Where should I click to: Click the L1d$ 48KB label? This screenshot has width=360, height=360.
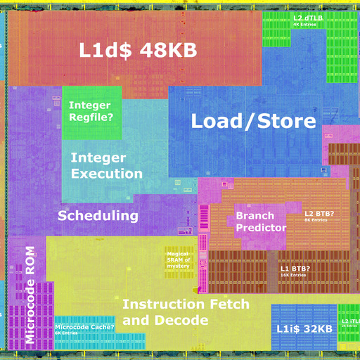click(x=136, y=51)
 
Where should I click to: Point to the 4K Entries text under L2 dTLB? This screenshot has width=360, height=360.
click(x=304, y=25)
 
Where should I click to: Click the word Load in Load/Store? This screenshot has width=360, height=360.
click(x=215, y=122)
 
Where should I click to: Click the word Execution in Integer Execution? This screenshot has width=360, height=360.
click(x=107, y=174)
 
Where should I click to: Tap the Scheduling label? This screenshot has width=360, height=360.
click(x=98, y=216)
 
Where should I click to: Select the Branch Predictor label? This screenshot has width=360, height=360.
click(x=261, y=222)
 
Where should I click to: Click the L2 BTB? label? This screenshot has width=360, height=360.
click(x=319, y=213)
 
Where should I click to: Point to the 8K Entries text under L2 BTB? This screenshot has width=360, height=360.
click(x=316, y=220)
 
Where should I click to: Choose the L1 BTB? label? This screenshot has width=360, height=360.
click(x=295, y=268)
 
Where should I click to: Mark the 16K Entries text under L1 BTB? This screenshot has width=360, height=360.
click(x=293, y=275)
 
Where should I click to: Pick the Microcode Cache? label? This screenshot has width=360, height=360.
click(x=85, y=327)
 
